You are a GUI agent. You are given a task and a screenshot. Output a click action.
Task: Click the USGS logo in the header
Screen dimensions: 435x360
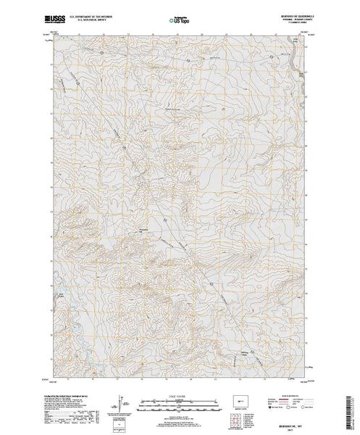click(x=54, y=14)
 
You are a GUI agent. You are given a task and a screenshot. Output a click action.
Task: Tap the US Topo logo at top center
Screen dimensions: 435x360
click(x=180, y=14)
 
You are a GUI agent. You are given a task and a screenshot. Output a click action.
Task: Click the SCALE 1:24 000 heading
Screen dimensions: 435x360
click(x=180, y=395)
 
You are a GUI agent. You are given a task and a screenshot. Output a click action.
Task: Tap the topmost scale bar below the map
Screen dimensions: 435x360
click(x=180, y=399)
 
